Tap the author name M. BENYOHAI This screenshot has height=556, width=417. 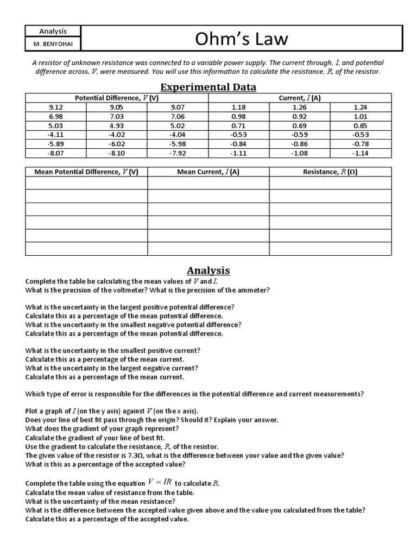click(53, 43)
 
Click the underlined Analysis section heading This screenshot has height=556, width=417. click(208, 270)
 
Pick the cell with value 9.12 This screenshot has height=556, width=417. click(55, 108)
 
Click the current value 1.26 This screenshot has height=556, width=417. click(299, 108)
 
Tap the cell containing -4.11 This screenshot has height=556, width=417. click(55, 134)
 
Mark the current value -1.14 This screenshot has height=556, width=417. click(361, 153)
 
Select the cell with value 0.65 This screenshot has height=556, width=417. click(361, 125)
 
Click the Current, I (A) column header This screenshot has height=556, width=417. click(299, 98)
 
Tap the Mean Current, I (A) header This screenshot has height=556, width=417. click(208, 172)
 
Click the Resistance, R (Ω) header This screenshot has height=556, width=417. click(330, 172)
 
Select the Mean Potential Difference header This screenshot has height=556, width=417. click(86, 172)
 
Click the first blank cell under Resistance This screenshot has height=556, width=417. click(330, 183)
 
